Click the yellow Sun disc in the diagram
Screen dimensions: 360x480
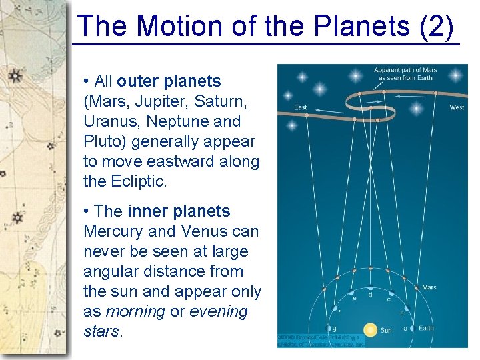(x=370, y=329)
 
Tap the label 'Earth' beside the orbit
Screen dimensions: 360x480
(x=425, y=328)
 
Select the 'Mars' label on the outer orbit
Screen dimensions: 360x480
(x=429, y=287)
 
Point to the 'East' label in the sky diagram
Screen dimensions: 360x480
(x=301, y=107)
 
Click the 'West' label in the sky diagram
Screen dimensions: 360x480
(x=457, y=107)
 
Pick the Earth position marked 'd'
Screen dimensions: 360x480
(x=371, y=294)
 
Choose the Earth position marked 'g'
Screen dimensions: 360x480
(x=333, y=328)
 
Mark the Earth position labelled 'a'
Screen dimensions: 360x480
(x=405, y=328)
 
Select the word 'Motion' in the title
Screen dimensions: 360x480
(x=173, y=27)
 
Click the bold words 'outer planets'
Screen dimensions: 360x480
(x=169, y=81)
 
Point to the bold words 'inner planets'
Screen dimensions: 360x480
(x=179, y=211)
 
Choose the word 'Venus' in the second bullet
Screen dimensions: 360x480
(x=200, y=231)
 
